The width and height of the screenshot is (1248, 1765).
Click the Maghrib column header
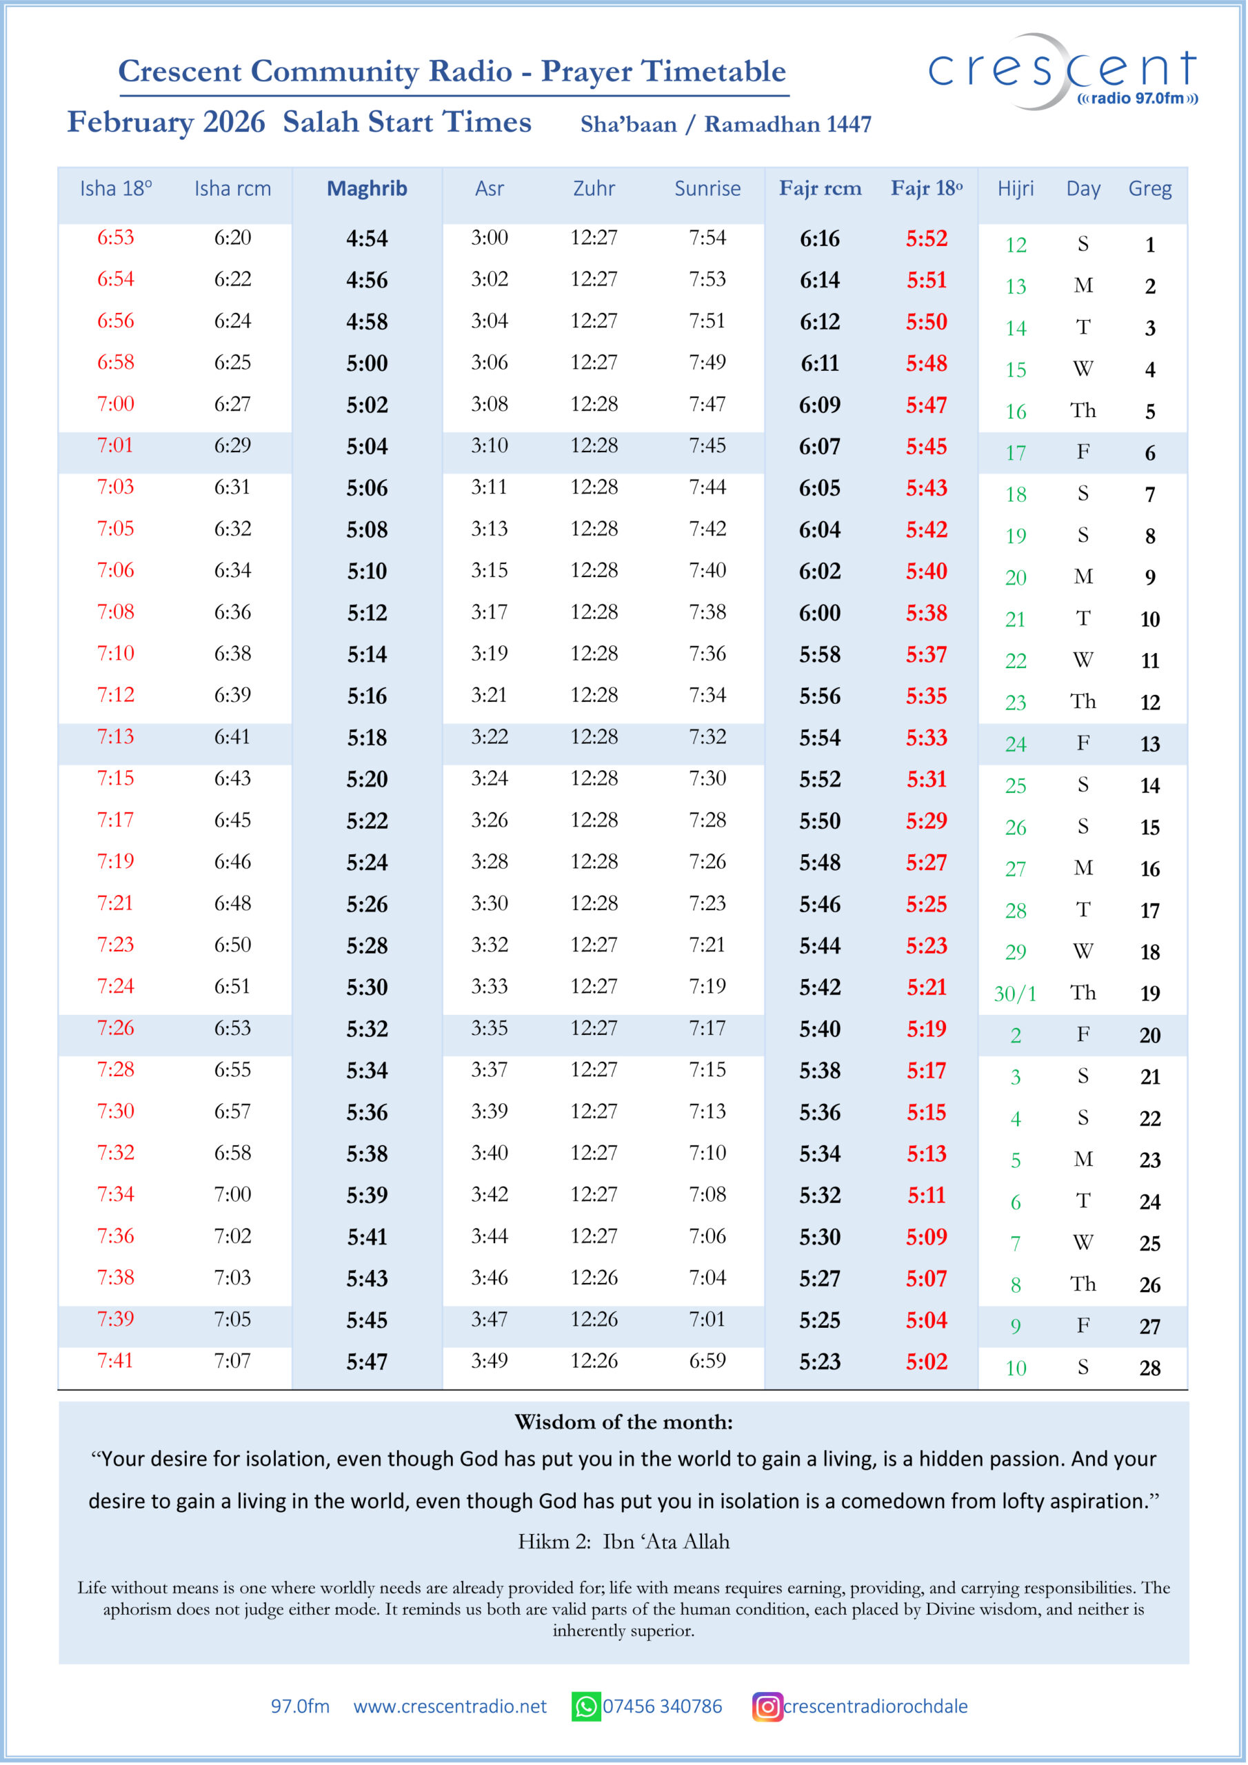(x=367, y=188)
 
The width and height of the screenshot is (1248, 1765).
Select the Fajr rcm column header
(x=820, y=188)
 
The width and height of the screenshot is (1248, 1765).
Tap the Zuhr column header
(x=594, y=188)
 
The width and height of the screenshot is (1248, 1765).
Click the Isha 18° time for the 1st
(x=115, y=238)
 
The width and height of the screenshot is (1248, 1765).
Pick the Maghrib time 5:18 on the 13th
(x=367, y=738)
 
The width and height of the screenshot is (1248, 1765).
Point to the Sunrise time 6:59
(x=707, y=1361)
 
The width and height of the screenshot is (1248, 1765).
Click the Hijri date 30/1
(x=1015, y=994)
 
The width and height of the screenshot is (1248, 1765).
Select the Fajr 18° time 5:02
(x=926, y=1362)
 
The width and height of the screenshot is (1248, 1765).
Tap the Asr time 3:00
(x=489, y=238)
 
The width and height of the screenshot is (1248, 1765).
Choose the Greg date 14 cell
(x=1149, y=786)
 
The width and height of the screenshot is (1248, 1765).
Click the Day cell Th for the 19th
(x=1083, y=994)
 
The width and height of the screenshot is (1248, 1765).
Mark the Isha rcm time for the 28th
(x=232, y=1361)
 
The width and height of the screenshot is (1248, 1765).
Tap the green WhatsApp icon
(x=585, y=1706)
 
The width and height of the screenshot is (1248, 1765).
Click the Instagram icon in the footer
(x=767, y=1706)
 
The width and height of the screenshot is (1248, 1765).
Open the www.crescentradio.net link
(x=450, y=1706)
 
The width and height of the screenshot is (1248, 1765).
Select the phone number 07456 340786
(x=662, y=1706)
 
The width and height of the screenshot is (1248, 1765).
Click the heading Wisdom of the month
(x=623, y=1422)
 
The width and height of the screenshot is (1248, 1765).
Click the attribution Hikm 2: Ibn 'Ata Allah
(x=623, y=1542)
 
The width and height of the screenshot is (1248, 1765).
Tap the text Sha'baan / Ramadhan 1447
(x=725, y=125)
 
